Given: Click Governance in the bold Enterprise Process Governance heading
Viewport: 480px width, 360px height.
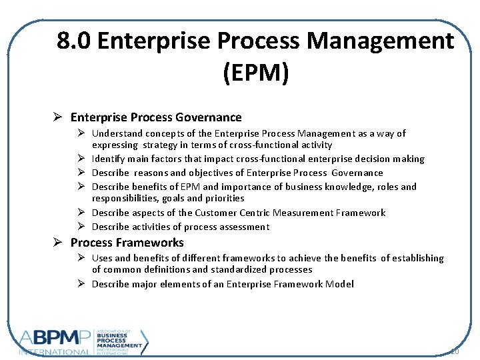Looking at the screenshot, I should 209,117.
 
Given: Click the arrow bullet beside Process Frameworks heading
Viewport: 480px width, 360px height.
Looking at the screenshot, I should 59,243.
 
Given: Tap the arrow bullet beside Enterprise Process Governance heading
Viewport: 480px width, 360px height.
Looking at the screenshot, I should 59,117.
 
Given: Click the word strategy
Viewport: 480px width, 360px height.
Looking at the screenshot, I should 159,145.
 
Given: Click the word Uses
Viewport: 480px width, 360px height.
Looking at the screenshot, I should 103,258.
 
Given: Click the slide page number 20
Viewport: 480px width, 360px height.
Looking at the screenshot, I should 455,351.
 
